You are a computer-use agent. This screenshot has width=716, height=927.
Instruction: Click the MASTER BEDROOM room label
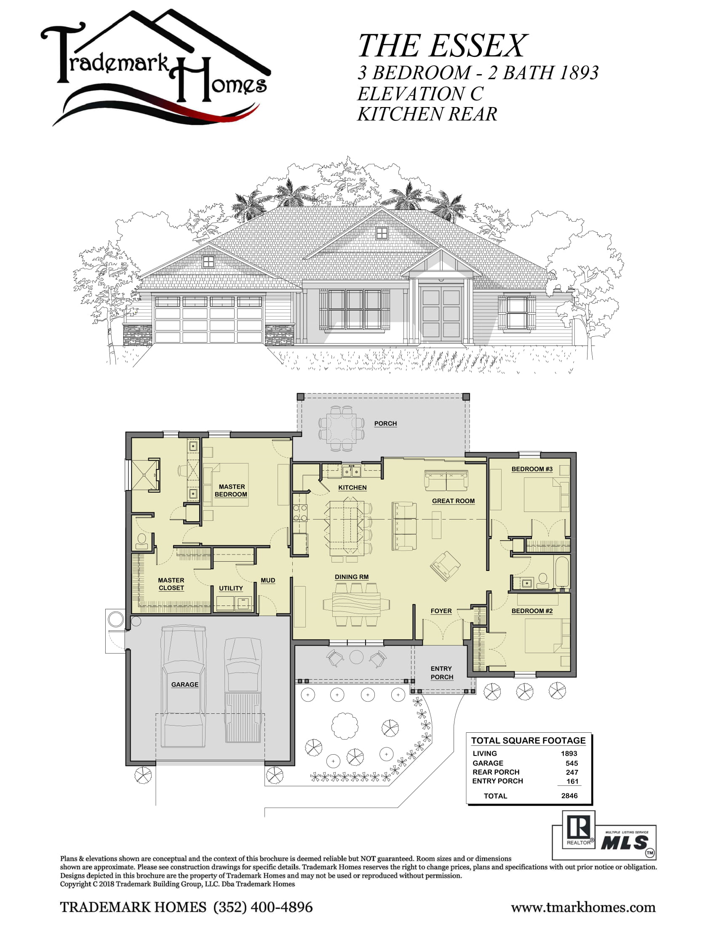231,490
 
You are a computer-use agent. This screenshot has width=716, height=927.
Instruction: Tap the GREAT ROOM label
453,501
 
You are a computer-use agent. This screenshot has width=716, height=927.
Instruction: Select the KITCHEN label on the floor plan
352,488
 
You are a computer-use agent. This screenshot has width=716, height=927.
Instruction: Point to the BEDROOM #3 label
532,469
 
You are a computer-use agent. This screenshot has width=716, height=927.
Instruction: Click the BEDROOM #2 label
532,611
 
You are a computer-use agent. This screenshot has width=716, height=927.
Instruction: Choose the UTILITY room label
231,588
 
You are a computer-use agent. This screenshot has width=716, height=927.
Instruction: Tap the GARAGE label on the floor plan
184,684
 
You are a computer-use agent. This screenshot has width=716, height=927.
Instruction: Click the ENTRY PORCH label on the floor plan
441,673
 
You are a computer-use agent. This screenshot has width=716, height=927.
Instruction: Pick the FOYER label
441,611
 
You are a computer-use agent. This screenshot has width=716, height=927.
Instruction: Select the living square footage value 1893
569,753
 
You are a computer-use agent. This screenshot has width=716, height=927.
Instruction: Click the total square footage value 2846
569,796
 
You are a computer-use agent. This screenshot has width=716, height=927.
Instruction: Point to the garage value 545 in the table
572,763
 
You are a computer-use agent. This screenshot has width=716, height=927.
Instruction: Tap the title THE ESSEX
442,46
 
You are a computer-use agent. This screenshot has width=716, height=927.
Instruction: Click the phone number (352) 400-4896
263,907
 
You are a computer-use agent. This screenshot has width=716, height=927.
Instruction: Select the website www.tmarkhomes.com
583,908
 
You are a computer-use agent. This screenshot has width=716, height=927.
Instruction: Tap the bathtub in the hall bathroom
561,573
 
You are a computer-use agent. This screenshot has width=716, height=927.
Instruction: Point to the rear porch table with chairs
342,428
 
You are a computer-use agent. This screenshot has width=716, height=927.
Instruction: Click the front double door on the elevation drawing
441,313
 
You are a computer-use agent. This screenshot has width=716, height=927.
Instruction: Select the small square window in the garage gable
208,262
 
